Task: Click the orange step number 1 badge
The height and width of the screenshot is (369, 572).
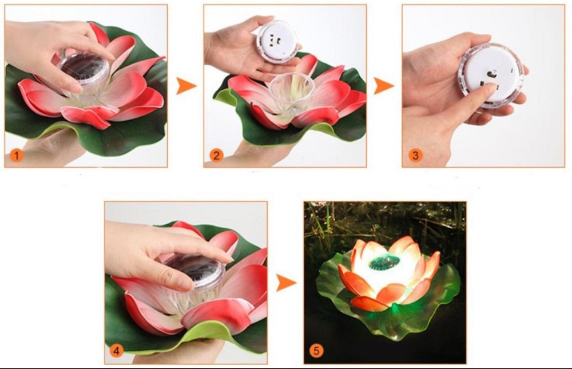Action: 17,156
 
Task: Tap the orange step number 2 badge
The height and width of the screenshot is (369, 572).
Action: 216,156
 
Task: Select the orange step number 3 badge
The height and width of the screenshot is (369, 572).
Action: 415,156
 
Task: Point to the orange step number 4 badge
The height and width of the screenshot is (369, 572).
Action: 116,351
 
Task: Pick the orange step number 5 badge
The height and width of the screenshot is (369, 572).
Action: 316,351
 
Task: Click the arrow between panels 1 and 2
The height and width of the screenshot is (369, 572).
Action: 186,86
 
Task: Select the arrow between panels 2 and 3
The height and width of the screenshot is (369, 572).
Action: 384,86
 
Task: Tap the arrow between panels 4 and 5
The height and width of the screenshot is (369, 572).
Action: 285,283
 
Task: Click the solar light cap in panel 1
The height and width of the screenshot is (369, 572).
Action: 84,69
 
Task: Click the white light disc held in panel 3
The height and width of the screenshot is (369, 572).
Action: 491,76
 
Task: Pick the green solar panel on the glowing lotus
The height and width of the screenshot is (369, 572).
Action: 384,263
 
